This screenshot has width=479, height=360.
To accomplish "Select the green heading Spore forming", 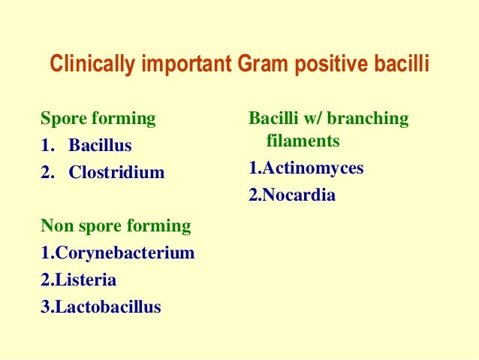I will pyautogui.click(x=98, y=119).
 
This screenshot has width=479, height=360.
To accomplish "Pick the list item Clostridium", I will pyautogui.click(x=116, y=173).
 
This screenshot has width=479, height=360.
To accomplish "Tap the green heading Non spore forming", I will pyautogui.click(x=115, y=226).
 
